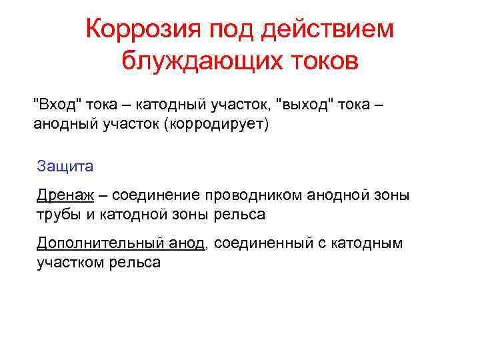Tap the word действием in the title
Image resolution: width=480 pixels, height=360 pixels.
coord(328,29)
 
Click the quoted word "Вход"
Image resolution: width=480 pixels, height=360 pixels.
coord(58,105)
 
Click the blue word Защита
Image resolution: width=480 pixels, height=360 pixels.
coord(65,165)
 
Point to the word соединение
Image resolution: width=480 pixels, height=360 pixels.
coord(157,195)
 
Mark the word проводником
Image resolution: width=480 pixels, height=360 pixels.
coord(253,195)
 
